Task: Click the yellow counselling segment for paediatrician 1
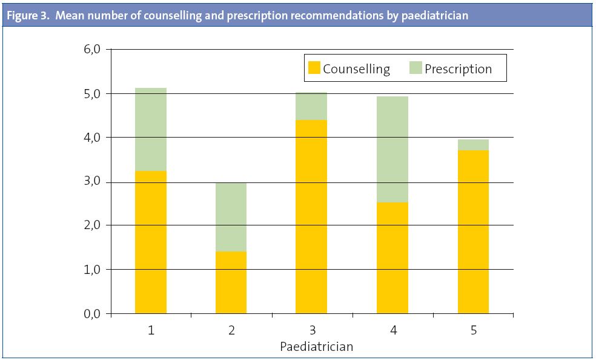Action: (151, 242)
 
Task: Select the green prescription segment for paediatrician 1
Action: (151, 129)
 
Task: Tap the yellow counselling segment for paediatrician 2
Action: (231, 282)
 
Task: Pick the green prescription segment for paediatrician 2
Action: (231, 216)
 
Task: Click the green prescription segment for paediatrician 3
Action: (311, 106)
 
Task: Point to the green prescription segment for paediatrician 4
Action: (392, 149)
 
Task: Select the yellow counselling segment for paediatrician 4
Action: (392, 258)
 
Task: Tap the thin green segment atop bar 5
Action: (473, 144)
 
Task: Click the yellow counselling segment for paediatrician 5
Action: (473, 232)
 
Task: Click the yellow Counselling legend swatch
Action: (314, 68)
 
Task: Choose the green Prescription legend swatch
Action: (416, 68)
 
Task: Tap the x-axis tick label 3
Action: (312, 330)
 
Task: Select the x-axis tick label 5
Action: (473, 330)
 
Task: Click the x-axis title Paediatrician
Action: (316, 347)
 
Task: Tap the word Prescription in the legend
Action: (458, 68)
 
